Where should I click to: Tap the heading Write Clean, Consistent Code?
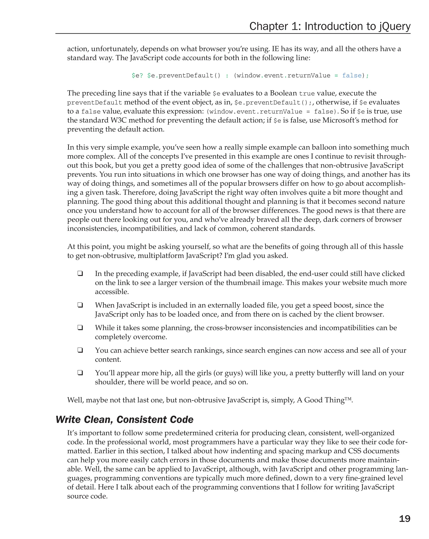pyautogui.click(x=124, y=419)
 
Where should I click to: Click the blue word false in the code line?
pyautogui.click(x=352, y=75)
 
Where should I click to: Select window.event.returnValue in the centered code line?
pyautogui.click(x=283, y=75)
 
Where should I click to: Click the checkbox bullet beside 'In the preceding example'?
pyautogui.click(x=80, y=273)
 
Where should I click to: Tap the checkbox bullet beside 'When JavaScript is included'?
pyautogui.click(x=80, y=305)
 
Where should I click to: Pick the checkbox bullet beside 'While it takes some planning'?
pyautogui.click(x=80, y=327)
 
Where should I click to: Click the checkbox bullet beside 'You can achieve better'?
pyautogui.click(x=80, y=350)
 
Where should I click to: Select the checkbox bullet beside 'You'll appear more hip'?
pyautogui.click(x=80, y=373)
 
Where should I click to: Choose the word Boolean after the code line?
pyautogui.click(x=283, y=93)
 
